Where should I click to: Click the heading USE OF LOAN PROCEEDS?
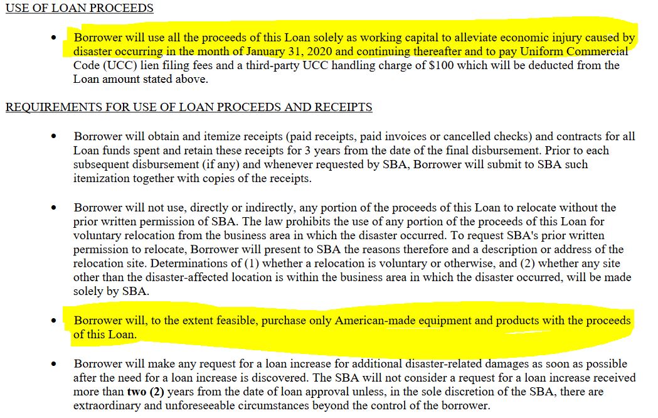pos(80,8)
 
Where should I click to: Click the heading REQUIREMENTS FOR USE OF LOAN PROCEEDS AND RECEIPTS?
pos(189,107)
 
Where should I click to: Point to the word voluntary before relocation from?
pos(96,235)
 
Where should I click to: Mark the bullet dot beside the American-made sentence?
pos(54,321)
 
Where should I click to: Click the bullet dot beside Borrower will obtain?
pos(54,137)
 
